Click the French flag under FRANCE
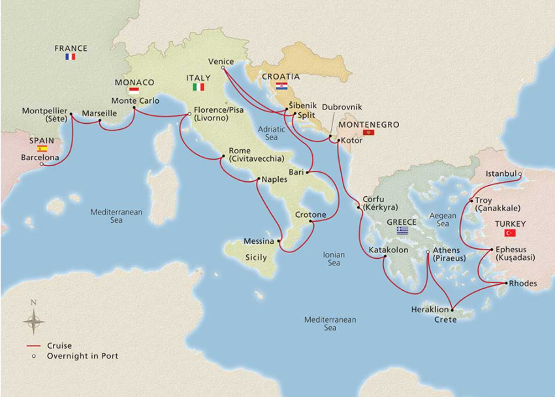[x=71, y=57]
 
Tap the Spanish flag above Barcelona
[x=42, y=149]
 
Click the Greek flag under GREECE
[x=402, y=230]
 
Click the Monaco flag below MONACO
[x=135, y=91]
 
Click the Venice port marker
[x=223, y=67]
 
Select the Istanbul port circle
[x=520, y=174]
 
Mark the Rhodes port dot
[x=507, y=284]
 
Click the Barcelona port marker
[x=42, y=164]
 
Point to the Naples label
[x=274, y=179]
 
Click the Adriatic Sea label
[x=272, y=133]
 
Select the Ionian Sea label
[x=333, y=259]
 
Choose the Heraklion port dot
[x=451, y=310]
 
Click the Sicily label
[x=255, y=257]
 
